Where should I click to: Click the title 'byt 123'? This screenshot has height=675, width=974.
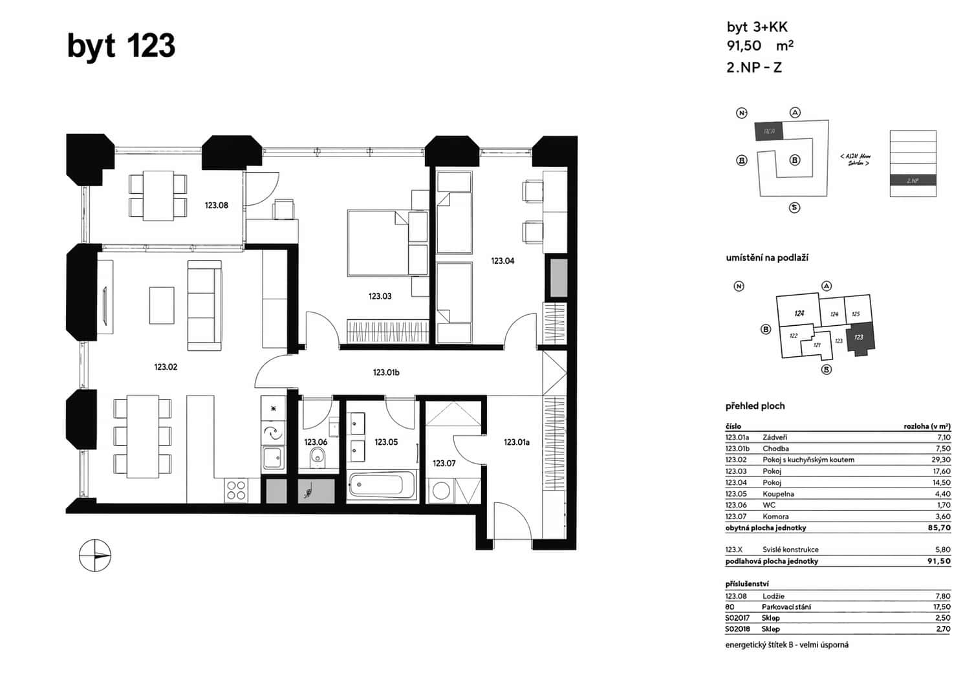pyautogui.click(x=121, y=47)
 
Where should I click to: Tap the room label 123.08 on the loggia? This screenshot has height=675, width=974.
pyautogui.click(x=216, y=206)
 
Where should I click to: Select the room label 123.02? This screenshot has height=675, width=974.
pyautogui.click(x=166, y=367)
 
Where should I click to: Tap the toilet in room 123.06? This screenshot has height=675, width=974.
pyautogui.click(x=317, y=458)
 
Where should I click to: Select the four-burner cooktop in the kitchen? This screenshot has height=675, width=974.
pyautogui.click(x=236, y=491)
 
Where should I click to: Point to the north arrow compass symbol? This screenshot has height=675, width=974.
pyautogui.click(x=95, y=555)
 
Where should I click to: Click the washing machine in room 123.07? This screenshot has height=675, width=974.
pyautogui.click(x=440, y=490)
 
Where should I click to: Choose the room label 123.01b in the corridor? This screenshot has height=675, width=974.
pyautogui.click(x=386, y=372)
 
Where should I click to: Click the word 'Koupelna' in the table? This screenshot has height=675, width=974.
pyautogui.click(x=778, y=494)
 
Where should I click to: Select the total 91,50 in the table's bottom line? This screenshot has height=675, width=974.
pyautogui.click(x=938, y=561)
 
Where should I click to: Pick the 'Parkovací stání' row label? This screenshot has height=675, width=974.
pyautogui.click(x=786, y=607)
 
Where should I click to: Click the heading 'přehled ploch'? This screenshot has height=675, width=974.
pyautogui.click(x=755, y=406)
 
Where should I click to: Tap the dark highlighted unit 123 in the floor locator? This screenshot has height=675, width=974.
pyautogui.click(x=860, y=337)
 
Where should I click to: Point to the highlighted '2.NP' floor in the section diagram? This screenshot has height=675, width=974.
pyautogui.click(x=913, y=181)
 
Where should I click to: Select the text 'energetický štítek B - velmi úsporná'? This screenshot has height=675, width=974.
pyautogui.click(x=786, y=645)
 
